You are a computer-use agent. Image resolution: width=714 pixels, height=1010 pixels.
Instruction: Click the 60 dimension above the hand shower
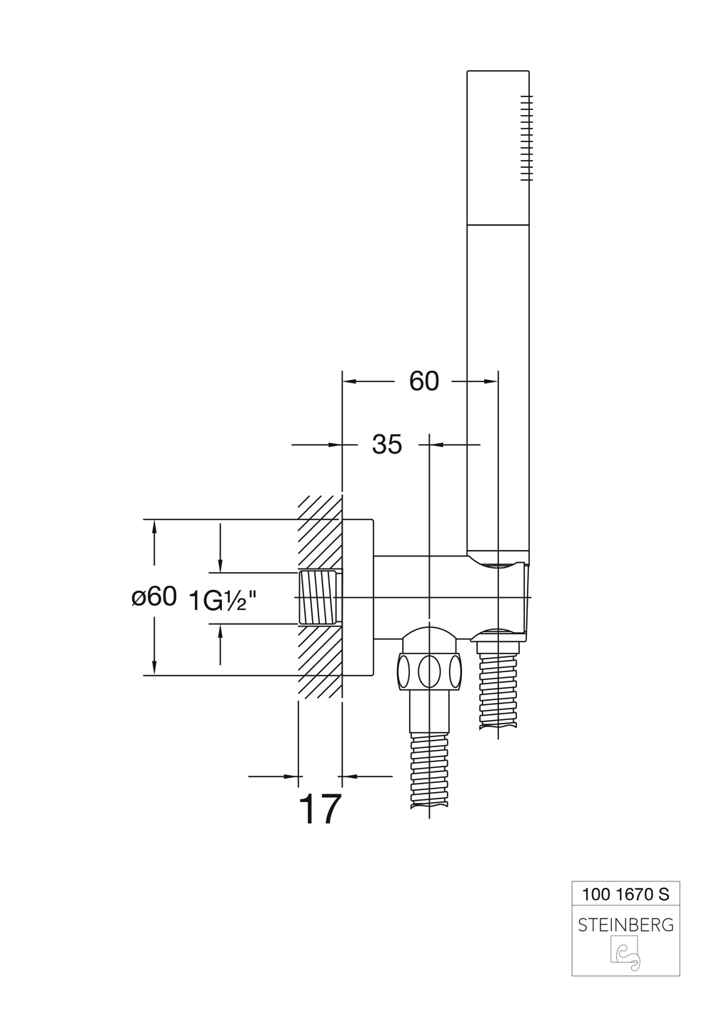click(x=423, y=381)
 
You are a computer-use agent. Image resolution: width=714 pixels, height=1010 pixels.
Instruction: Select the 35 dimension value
click(x=387, y=444)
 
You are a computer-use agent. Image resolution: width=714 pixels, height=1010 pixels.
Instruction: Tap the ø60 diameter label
click(x=154, y=598)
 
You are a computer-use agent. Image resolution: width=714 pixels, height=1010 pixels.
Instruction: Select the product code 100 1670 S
click(x=625, y=894)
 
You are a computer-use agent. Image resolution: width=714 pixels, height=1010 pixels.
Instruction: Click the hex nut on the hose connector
click(x=430, y=671)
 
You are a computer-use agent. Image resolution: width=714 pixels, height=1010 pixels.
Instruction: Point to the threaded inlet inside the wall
click(x=318, y=597)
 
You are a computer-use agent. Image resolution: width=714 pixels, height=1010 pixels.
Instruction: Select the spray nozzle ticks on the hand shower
click(x=526, y=138)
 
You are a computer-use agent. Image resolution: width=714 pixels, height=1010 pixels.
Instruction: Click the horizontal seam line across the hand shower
click(x=498, y=224)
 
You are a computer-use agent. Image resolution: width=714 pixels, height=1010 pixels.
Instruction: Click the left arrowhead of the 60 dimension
click(x=350, y=381)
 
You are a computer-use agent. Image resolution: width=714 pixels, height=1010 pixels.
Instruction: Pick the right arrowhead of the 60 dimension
click(x=491, y=381)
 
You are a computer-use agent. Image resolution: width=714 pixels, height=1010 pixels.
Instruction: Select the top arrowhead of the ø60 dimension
click(x=154, y=527)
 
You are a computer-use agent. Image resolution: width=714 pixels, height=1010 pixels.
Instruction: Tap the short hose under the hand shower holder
click(x=498, y=689)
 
